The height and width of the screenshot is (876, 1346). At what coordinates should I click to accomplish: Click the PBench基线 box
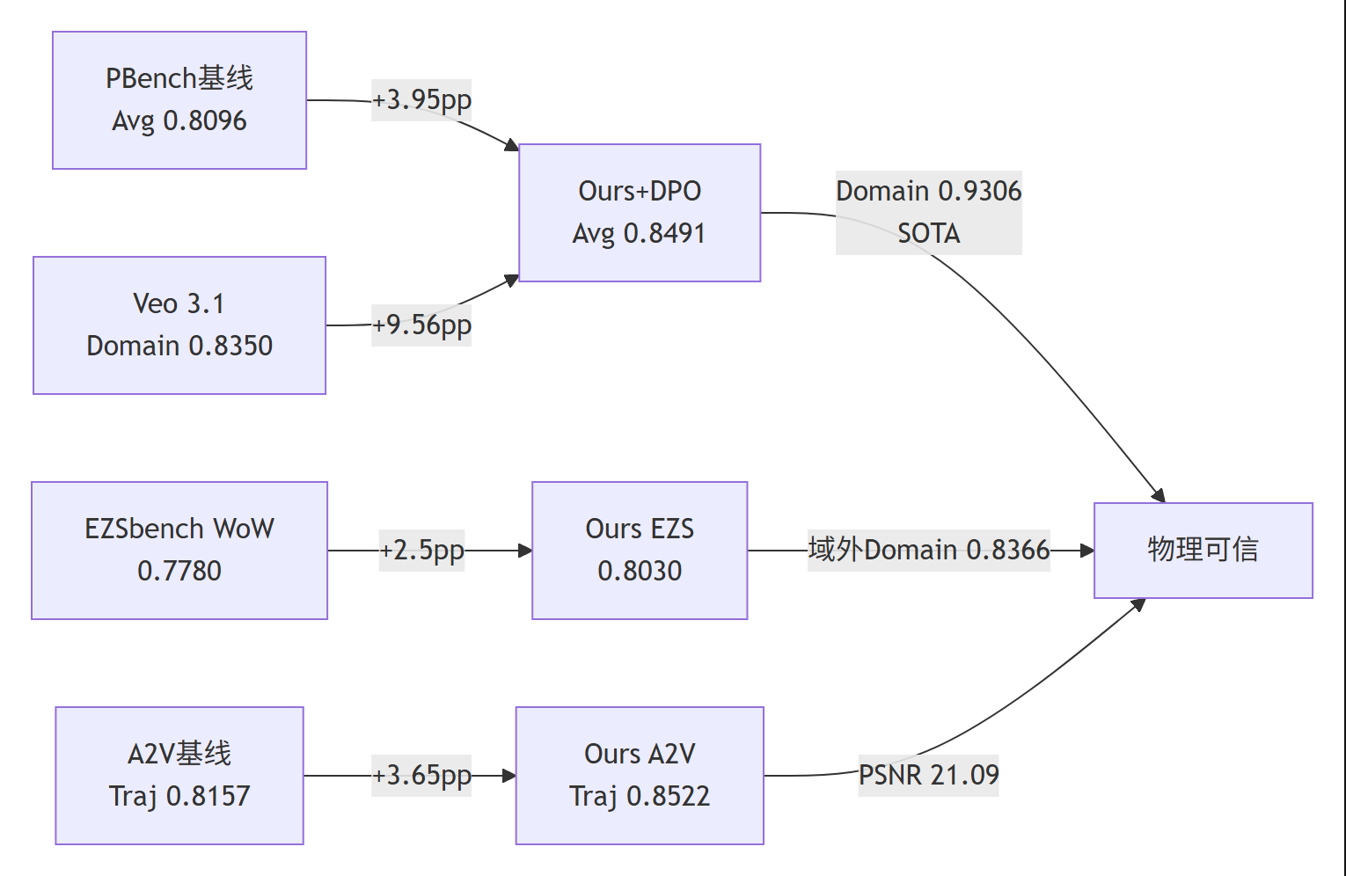click(x=179, y=100)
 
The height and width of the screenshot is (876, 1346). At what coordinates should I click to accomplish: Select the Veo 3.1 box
click(x=179, y=325)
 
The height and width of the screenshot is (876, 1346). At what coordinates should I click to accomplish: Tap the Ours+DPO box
click(x=640, y=213)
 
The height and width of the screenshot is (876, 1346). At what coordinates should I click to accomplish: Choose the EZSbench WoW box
click(x=179, y=551)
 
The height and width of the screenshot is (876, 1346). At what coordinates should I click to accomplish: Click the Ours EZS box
click(x=640, y=551)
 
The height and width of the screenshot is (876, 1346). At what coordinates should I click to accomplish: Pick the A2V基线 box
click(x=179, y=776)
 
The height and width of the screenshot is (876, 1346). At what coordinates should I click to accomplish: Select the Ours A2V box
click(x=640, y=776)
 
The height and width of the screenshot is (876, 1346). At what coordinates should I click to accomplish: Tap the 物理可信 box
click(x=1203, y=551)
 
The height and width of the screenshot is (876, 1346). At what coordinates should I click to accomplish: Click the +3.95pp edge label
click(x=421, y=100)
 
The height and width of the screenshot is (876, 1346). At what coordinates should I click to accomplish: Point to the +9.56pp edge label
click(x=421, y=325)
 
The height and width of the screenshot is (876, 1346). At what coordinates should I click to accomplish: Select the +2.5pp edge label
click(x=421, y=551)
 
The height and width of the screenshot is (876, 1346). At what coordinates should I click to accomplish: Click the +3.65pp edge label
click(x=421, y=776)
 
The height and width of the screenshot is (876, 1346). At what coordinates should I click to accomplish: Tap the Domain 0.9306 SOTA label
click(x=928, y=213)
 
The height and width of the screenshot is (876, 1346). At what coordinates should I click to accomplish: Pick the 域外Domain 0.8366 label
click(x=928, y=551)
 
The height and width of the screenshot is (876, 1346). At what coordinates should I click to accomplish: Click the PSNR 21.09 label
click(x=928, y=776)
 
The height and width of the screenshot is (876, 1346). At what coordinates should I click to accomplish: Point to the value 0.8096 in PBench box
click(x=205, y=120)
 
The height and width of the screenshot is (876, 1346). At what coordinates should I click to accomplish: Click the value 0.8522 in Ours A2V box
click(x=669, y=796)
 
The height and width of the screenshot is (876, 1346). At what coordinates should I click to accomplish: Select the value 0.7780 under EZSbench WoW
click(x=179, y=571)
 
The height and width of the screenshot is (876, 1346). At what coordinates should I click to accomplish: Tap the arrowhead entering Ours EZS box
click(x=525, y=551)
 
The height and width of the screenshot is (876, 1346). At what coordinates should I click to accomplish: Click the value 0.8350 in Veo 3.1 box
click(x=230, y=346)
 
